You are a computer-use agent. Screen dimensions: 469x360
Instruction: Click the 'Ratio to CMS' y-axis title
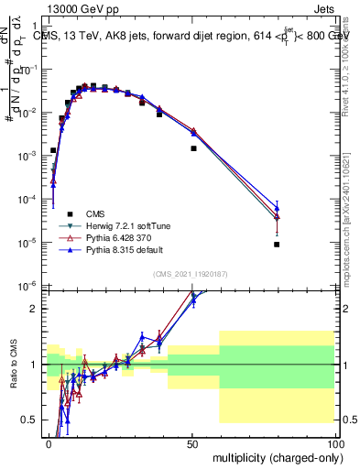(13, 365)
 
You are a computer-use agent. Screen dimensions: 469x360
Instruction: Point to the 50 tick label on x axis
(192, 443)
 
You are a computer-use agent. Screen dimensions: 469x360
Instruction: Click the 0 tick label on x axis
(49, 443)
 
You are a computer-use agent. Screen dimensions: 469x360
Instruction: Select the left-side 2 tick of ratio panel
(35, 309)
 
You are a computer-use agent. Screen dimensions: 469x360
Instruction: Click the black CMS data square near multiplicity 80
(277, 245)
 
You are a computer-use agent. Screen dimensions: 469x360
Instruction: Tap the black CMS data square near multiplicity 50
(193, 148)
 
